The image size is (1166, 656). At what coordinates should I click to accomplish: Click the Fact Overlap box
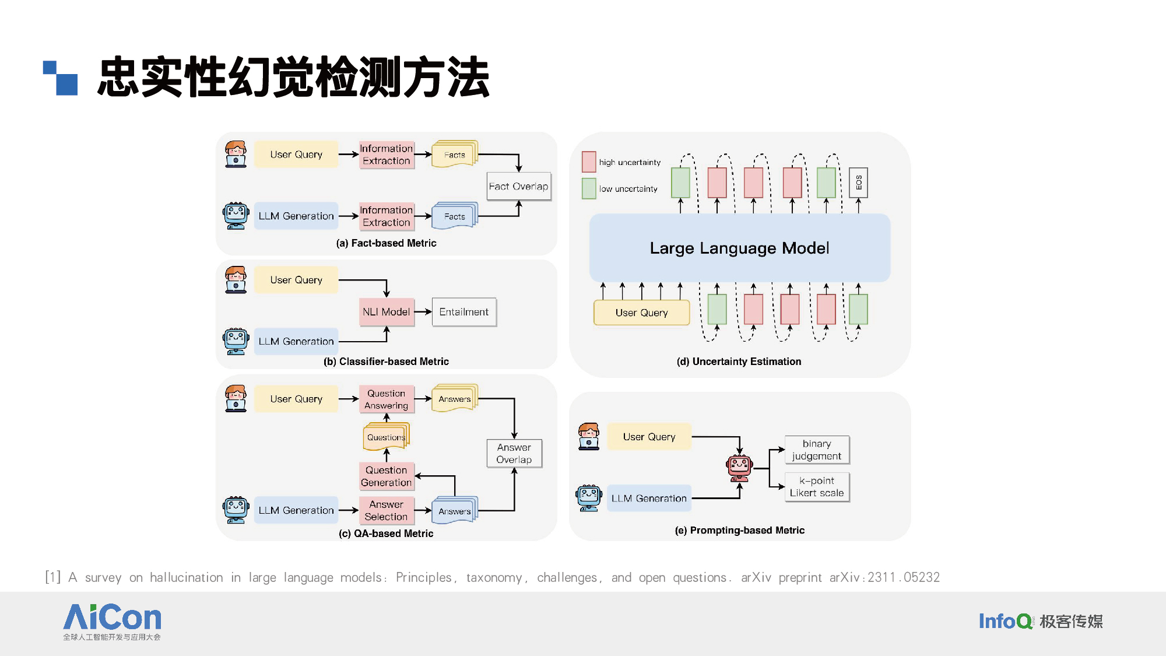(519, 186)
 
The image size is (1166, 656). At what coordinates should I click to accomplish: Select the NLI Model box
(387, 312)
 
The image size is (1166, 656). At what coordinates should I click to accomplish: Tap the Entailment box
(464, 312)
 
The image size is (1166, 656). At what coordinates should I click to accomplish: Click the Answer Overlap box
(514, 453)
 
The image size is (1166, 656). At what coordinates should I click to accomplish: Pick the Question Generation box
(387, 476)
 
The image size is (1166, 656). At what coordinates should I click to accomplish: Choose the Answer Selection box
(387, 510)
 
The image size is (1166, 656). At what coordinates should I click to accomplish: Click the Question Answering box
(387, 399)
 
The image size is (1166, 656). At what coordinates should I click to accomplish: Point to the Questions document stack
(387, 437)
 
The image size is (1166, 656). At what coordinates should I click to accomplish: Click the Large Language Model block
(740, 248)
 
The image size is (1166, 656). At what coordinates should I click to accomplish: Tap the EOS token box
(858, 183)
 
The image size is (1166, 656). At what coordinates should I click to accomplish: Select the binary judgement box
(817, 450)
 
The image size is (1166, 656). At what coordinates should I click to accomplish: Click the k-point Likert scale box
(817, 486)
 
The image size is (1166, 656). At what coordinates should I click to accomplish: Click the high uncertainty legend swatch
(589, 162)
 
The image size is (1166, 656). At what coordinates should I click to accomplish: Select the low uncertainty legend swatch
(589, 188)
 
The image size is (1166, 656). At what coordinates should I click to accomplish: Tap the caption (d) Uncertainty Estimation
(739, 362)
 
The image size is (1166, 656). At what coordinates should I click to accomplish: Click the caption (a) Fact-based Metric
(386, 243)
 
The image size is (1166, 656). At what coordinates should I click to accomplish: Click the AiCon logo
(112, 622)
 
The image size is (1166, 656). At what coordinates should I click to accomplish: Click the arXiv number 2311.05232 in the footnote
(904, 577)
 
